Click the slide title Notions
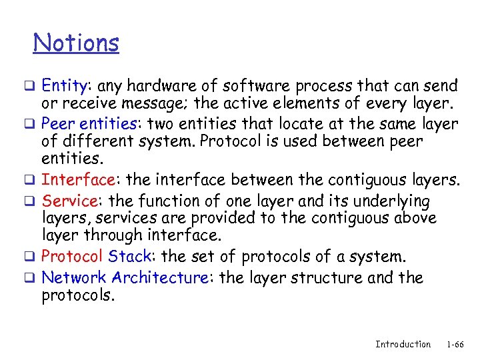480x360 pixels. pyautogui.click(x=76, y=43)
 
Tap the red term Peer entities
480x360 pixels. pyautogui.click(x=92, y=124)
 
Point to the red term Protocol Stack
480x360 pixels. pyautogui.click(x=98, y=257)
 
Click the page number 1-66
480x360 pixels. pyautogui.click(x=455, y=344)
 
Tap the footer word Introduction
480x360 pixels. pyautogui.click(x=403, y=344)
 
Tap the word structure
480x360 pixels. pyautogui.click(x=329, y=277)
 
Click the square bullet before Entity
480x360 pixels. pyautogui.click(x=37, y=87)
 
